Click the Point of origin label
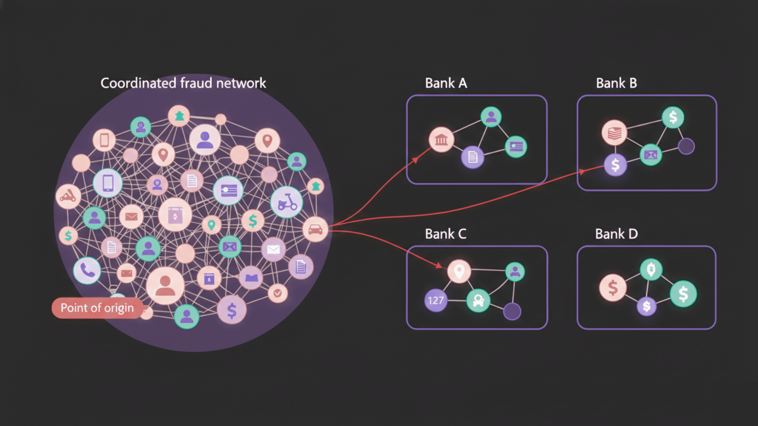pos(97,308)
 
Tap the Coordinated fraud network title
pos(183,83)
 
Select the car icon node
pos(315,230)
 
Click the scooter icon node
pos(286,202)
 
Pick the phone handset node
pos(87,270)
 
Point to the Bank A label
pos(446,83)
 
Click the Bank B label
pos(616,83)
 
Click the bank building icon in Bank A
pos(441,140)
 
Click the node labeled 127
pos(436,300)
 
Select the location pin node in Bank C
pos(459,271)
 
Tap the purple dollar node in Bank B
pos(615,165)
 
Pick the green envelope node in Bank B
pos(651,155)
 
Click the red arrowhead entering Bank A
pos(415,160)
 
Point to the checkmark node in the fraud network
pos(277,293)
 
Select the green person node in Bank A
pos(491,117)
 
